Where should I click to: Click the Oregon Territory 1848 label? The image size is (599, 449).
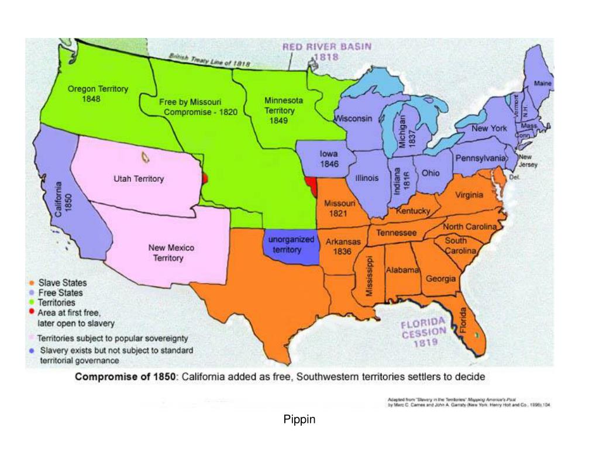[x=98, y=94]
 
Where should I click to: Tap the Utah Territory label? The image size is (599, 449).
[x=139, y=179]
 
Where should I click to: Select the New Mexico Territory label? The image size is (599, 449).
[x=171, y=253]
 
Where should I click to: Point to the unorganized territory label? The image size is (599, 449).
[x=291, y=245]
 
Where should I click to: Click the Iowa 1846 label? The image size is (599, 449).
[x=329, y=159]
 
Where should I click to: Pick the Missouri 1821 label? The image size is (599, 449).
[x=339, y=208]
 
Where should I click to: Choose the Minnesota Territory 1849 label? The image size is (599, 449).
[x=283, y=110]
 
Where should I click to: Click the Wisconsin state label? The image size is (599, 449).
[x=353, y=119]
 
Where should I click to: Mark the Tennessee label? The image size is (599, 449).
[x=396, y=233]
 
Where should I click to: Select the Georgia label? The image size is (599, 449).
[x=440, y=279]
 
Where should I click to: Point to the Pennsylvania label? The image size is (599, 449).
[x=480, y=158]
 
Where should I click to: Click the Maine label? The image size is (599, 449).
[x=543, y=84]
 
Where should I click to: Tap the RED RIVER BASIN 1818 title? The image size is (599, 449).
[x=326, y=52]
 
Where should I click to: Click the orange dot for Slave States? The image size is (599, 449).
[x=31, y=283]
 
